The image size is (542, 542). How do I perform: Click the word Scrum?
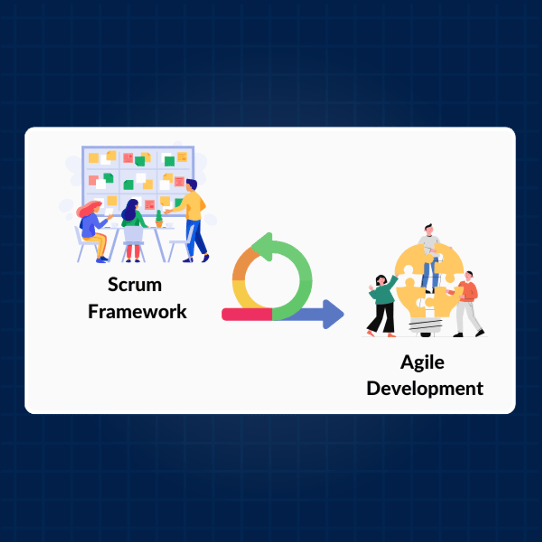tap(135, 285)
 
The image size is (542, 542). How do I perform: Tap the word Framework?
tap(137, 312)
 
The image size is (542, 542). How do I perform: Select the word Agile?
tap(422, 363)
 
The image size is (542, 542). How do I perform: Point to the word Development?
tap(425, 388)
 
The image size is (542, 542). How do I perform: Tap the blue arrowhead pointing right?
tap(333, 314)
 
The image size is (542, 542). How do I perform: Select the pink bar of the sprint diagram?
tap(247, 314)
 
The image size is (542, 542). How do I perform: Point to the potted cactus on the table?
tap(159, 219)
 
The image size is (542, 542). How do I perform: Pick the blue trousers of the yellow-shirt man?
tap(195, 239)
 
